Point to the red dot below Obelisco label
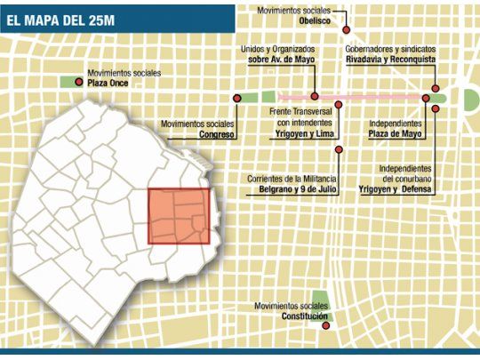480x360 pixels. coord(346,29)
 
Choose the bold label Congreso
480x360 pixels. coord(217,134)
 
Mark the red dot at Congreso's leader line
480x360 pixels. coord(237,96)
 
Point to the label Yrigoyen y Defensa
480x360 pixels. coord(395,188)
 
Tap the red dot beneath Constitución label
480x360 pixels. coord(325,326)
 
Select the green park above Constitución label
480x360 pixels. coord(320,300)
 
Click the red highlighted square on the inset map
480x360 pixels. coord(179,216)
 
